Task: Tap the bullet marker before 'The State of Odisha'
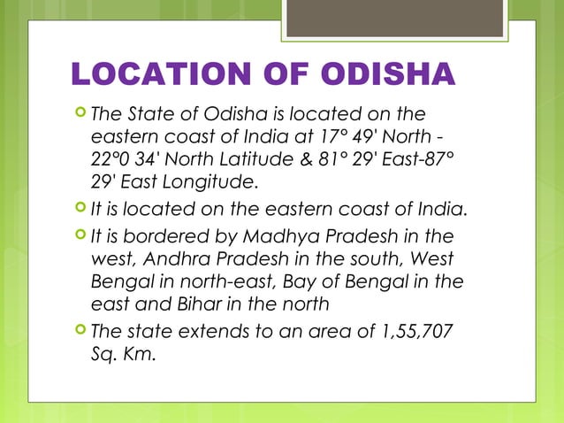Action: tap(80, 113)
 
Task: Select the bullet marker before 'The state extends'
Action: tap(80, 332)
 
